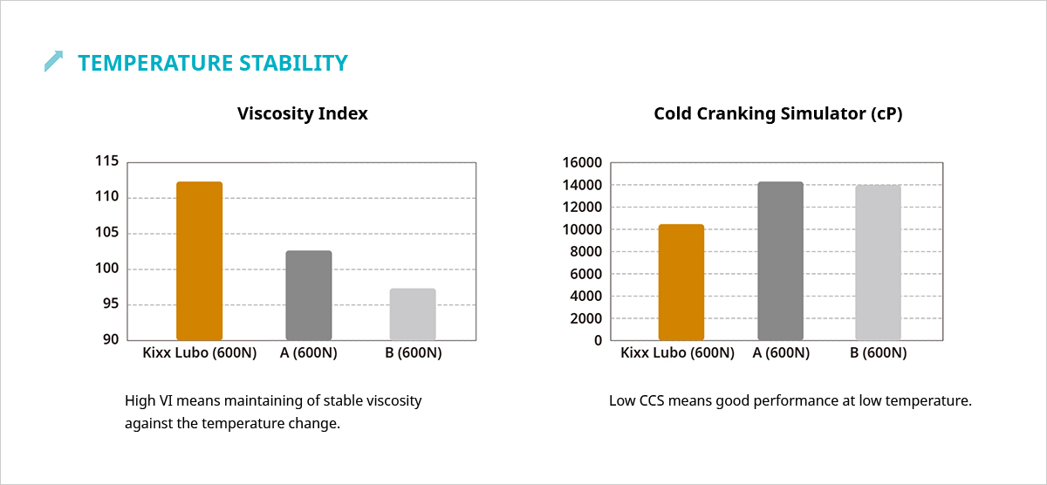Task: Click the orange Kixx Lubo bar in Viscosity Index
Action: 199,261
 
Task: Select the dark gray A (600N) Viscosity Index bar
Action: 309,296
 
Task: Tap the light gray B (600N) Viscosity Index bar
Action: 412,314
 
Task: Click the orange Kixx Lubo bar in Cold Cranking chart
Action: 681,283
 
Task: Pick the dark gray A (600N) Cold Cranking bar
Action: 780,261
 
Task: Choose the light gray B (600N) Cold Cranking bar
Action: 878,263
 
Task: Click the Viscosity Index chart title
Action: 302,113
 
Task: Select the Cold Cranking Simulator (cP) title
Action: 778,113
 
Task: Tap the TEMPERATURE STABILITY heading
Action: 213,63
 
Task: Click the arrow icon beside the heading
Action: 54,61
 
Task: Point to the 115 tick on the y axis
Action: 106,161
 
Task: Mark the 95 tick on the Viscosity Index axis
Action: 110,304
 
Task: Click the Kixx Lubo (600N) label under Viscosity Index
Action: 199,353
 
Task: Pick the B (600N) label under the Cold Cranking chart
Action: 878,353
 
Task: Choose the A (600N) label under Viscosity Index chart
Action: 308,353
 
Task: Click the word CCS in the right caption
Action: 655,401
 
